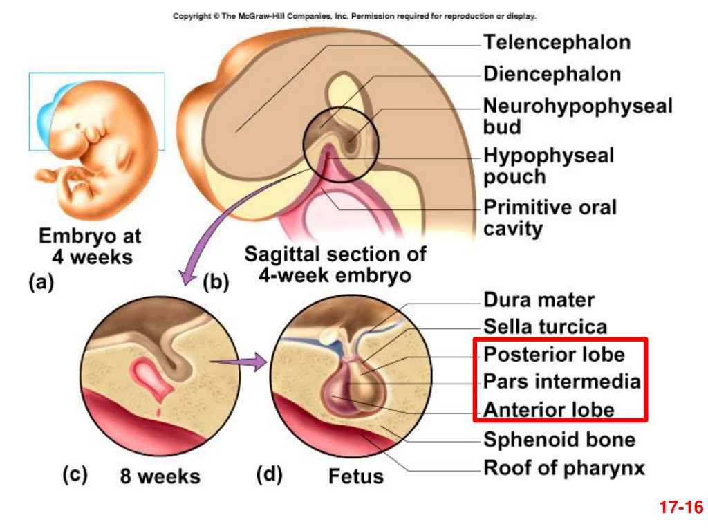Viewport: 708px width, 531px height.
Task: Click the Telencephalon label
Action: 557,42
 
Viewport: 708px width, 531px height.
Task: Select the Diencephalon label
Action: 552,74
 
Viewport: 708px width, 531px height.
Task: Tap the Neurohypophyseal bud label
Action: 578,116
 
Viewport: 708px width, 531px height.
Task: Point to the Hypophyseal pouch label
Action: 548,166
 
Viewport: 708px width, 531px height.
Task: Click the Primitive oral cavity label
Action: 550,218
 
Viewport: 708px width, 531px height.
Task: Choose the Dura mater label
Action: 539,300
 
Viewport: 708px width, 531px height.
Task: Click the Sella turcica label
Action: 546,326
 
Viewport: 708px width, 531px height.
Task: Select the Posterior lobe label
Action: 554,355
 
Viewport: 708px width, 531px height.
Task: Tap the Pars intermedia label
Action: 562,382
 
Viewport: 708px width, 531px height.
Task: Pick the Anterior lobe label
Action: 548,410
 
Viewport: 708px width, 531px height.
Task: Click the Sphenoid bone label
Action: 559,440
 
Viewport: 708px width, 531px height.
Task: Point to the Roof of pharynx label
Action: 564,468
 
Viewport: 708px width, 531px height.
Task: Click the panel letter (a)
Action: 41,282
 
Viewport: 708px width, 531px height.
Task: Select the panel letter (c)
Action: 75,475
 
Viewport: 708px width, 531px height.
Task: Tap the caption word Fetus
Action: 356,476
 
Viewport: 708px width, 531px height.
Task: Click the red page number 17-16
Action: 681,507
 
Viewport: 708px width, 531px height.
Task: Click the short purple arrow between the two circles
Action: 239,361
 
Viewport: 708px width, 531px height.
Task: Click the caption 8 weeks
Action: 160,476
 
